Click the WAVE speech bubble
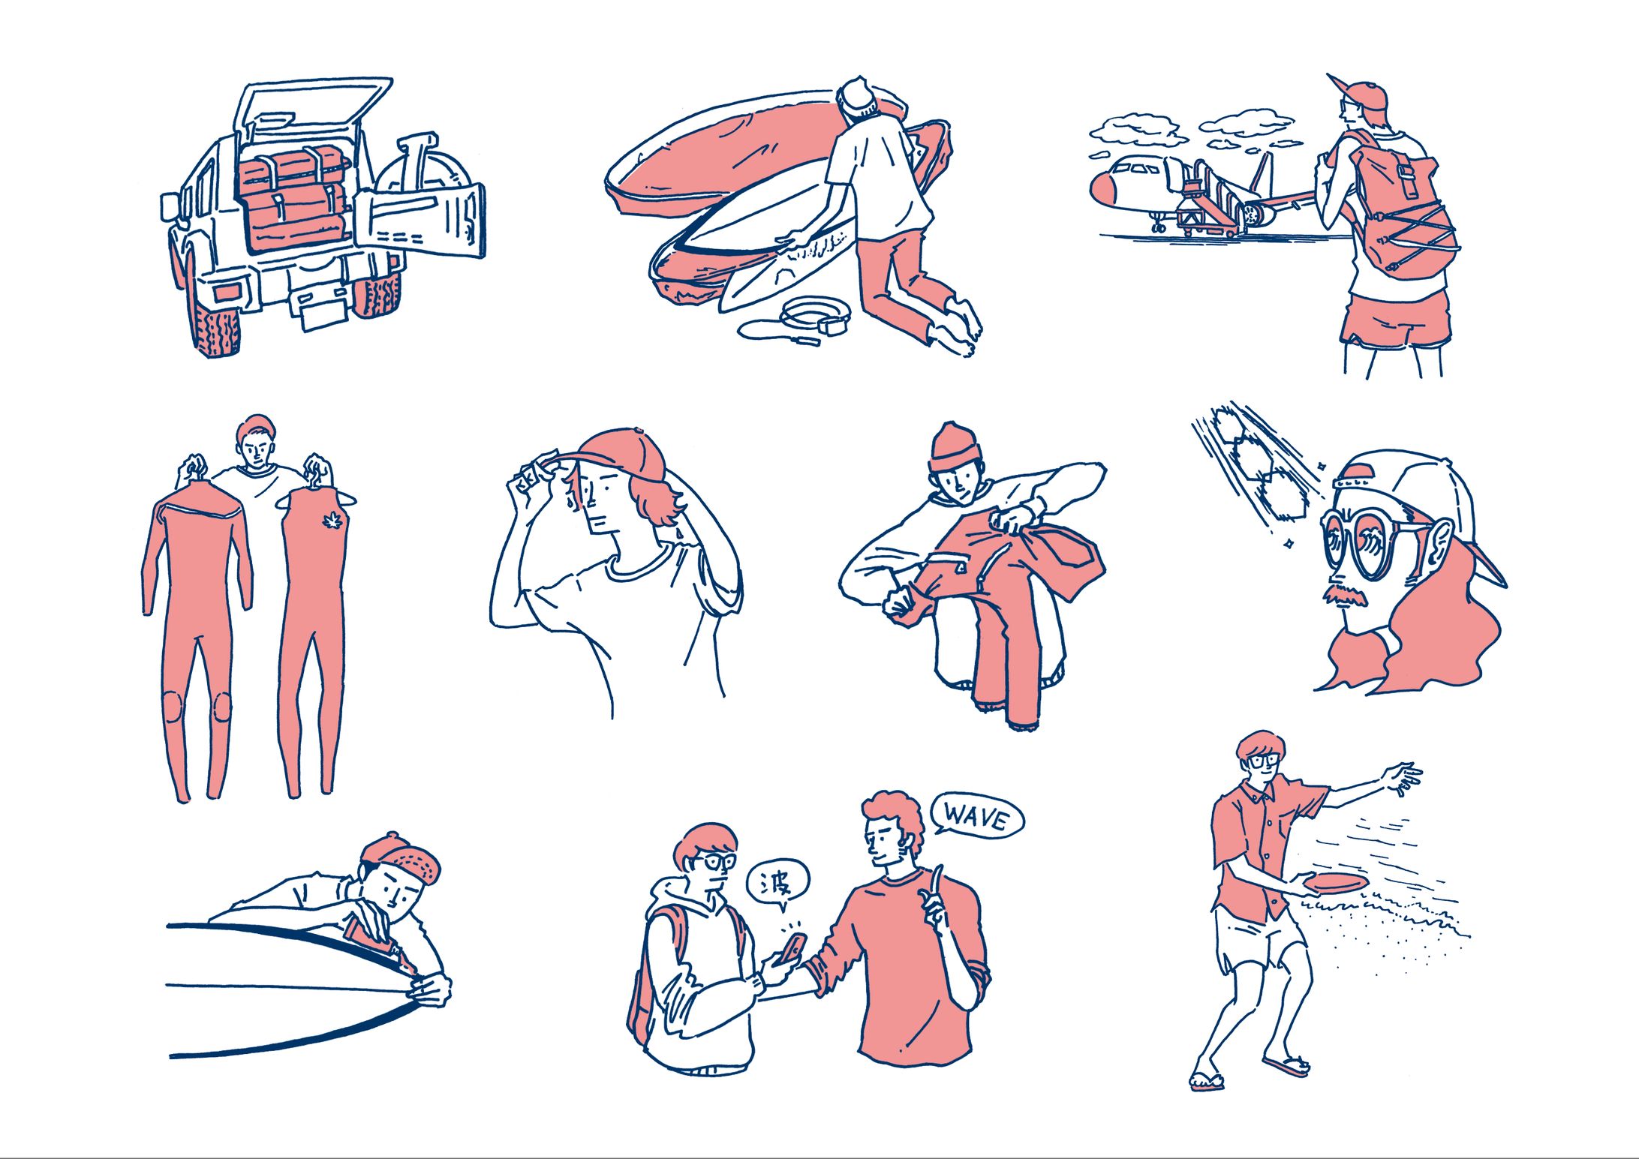[977, 815]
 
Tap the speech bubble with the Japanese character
[779, 885]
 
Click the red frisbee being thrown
[1334, 882]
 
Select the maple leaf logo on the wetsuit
[330, 519]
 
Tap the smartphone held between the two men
[791, 949]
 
